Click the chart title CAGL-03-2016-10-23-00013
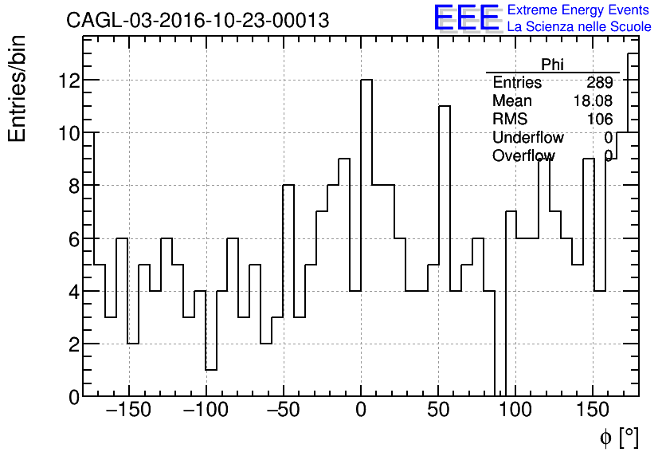point(198,21)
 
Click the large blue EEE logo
point(466,18)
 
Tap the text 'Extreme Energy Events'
point(579,10)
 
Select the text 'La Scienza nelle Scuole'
point(579,27)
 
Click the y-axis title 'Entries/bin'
point(17,88)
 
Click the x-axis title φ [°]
point(618,437)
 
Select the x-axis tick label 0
point(361,411)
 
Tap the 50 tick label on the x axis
point(438,411)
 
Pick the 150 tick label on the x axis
point(593,411)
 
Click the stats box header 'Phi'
point(552,65)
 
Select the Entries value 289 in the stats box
point(600,83)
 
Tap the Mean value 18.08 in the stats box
point(593,101)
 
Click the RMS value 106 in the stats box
point(600,120)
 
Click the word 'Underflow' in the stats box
point(528,138)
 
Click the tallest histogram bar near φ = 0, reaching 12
point(366,239)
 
